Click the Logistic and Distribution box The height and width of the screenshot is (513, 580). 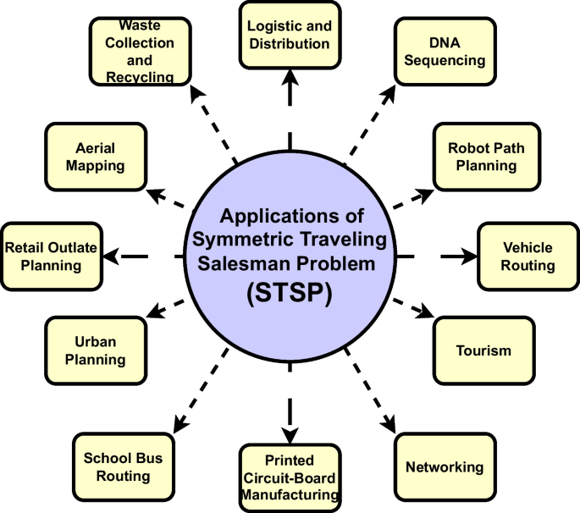290,35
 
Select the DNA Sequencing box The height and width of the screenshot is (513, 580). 439,52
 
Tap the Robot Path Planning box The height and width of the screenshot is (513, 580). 485,157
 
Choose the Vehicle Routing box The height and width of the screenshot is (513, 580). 528,256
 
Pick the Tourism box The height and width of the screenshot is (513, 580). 483,350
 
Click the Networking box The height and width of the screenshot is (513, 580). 444,466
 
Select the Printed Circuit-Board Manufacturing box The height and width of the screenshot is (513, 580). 289,477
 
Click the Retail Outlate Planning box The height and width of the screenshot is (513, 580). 52,256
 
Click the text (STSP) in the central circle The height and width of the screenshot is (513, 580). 290,293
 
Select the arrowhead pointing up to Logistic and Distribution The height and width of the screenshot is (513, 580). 290,77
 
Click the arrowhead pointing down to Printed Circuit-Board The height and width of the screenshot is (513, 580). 290,435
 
